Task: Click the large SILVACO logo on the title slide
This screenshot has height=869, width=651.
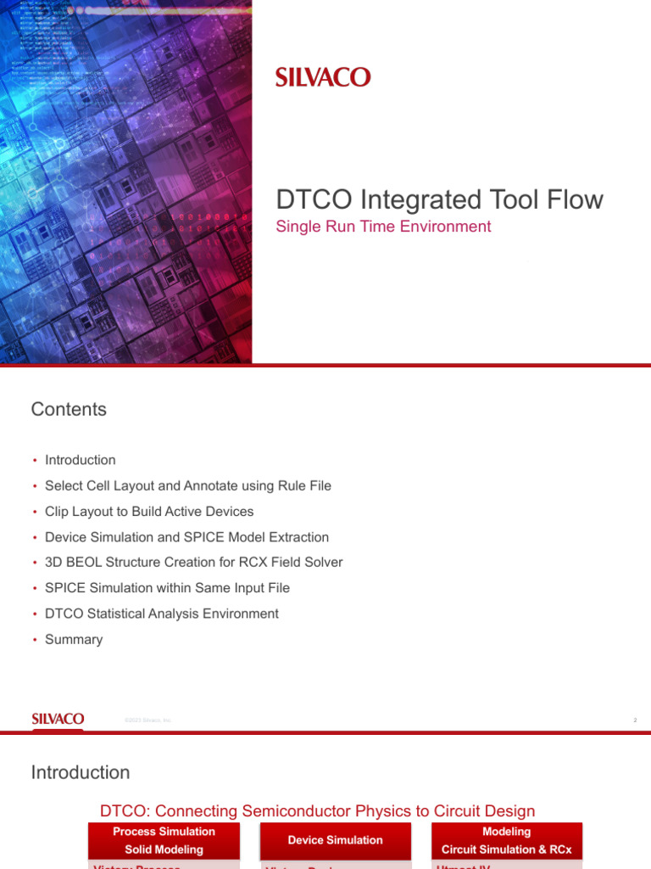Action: click(x=323, y=77)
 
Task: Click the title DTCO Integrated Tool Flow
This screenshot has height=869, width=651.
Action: click(x=439, y=199)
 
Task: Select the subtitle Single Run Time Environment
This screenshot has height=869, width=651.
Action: click(x=383, y=227)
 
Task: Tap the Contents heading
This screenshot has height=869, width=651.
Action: click(x=69, y=409)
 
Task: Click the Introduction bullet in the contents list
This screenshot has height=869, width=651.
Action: click(x=80, y=460)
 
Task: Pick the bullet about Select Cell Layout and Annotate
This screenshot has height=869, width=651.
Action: click(x=187, y=485)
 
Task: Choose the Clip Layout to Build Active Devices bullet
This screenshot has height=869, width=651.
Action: click(x=148, y=512)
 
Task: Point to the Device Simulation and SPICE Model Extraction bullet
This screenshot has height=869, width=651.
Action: click(x=186, y=537)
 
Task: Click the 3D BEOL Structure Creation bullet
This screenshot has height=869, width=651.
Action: click(x=193, y=562)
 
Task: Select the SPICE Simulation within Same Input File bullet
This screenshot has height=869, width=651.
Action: click(x=167, y=587)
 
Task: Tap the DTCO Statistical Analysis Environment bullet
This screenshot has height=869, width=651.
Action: click(x=161, y=614)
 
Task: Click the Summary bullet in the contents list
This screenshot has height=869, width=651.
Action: click(x=74, y=639)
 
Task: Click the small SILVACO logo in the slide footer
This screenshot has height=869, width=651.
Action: click(x=58, y=719)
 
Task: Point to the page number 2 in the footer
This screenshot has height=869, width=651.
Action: click(x=634, y=720)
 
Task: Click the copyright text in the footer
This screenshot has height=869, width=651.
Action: click(x=147, y=720)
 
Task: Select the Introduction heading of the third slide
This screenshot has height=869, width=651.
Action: click(x=81, y=772)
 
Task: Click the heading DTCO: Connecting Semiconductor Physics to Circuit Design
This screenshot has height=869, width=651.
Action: click(x=317, y=811)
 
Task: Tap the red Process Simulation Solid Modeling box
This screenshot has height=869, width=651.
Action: click(x=164, y=840)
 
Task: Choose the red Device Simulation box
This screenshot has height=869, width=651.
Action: click(x=335, y=840)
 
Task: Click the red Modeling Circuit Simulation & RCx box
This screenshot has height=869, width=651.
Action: click(x=506, y=840)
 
